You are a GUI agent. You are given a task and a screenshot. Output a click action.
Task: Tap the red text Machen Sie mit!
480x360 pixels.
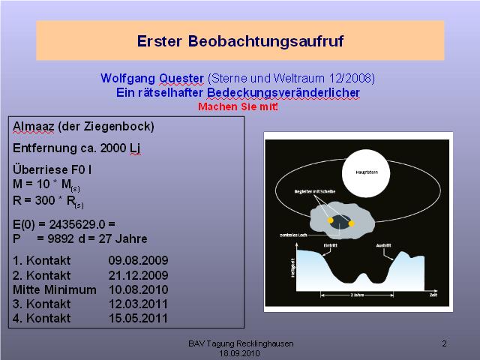point(238,106)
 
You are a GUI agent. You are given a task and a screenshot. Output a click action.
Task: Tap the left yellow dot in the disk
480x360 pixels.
point(330,221)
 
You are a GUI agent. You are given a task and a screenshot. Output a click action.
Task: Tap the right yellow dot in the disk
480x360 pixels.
point(351,223)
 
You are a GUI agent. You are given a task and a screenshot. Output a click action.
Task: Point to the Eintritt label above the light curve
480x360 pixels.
point(330,244)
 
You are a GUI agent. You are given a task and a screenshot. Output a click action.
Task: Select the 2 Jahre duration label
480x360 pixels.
point(360,295)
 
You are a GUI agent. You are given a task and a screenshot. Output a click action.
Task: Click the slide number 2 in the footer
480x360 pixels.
point(444,343)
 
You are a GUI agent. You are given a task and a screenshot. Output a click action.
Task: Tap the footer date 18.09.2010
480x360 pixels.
point(239,352)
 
